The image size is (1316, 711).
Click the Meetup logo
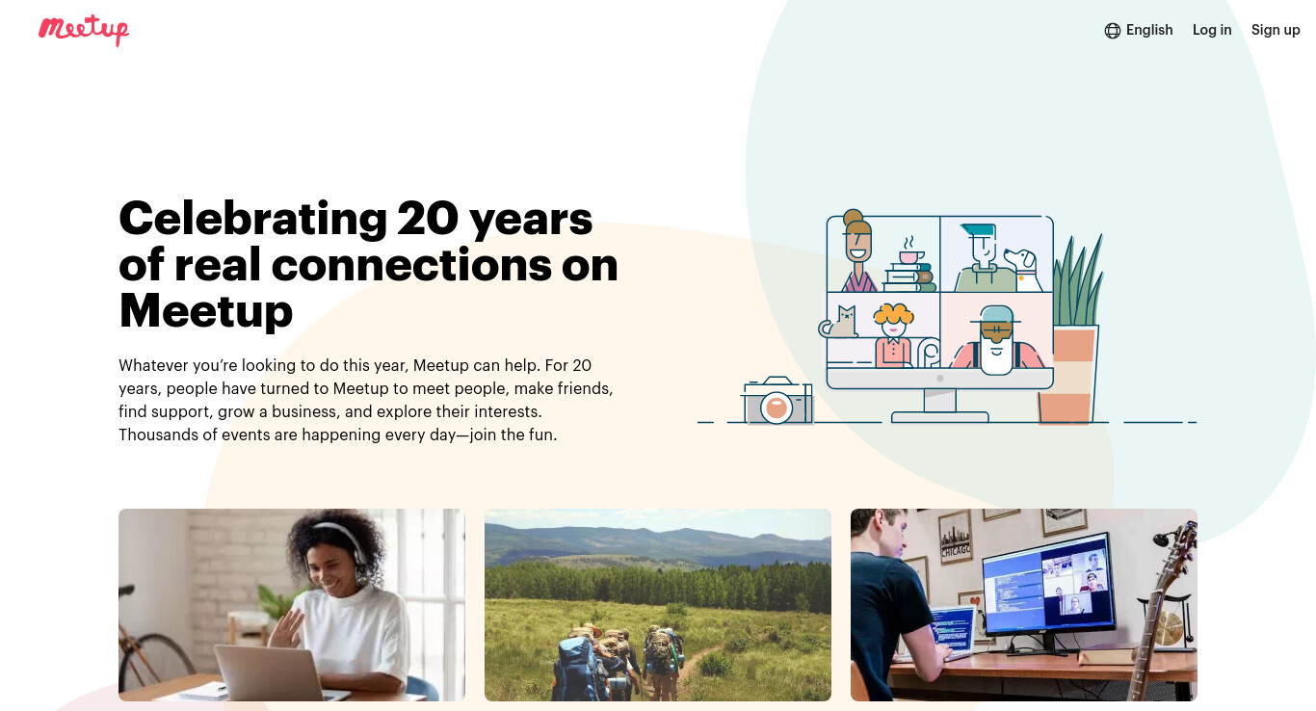tap(84, 30)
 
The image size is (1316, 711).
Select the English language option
tap(1149, 30)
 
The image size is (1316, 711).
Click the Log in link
tap(1212, 30)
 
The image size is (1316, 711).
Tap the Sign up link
tap(1276, 30)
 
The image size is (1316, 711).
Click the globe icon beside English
tap(1112, 31)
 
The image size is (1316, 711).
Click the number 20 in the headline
tap(428, 219)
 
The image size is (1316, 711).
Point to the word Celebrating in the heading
tap(252, 219)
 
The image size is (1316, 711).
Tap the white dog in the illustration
tap(1023, 269)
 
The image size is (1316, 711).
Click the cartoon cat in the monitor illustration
tap(840, 323)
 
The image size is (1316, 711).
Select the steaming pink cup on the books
tap(910, 252)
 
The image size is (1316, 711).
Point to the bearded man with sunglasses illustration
tap(997, 340)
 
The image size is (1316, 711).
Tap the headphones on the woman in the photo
tap(347, 543)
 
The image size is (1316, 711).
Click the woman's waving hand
tap(288, 628)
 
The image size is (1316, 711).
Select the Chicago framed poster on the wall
tap(956, 538)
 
